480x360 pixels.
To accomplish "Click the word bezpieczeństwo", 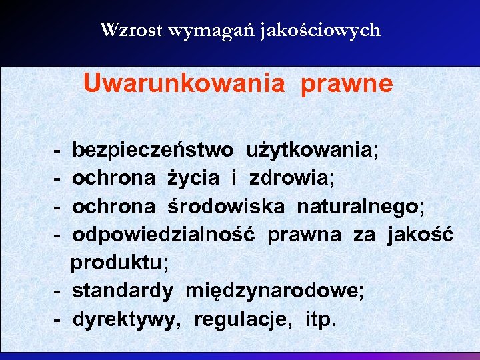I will [153, 149].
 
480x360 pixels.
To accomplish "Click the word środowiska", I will [226, 206].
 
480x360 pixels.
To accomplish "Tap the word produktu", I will [120, 263].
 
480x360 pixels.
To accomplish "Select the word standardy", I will [123, 291].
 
